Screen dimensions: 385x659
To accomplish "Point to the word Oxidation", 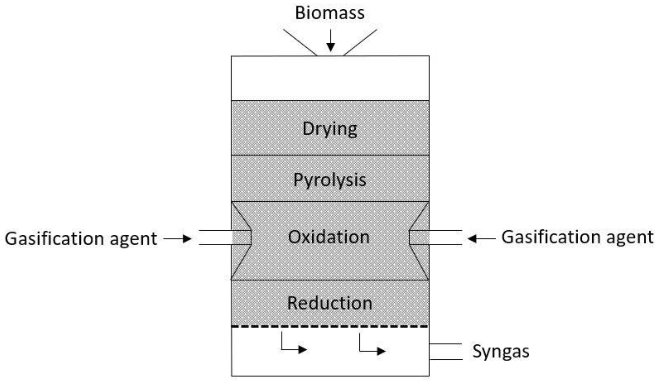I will [329, 237].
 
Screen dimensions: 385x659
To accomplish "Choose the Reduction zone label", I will [329, 303].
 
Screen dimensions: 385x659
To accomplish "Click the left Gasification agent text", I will [81, 239].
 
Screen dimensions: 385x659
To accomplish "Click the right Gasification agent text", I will [577, 237].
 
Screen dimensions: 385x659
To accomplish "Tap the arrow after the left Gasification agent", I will [178, 239].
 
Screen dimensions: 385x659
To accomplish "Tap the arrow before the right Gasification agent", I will [481, 239].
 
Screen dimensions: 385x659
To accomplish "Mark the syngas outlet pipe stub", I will [446, 352].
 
